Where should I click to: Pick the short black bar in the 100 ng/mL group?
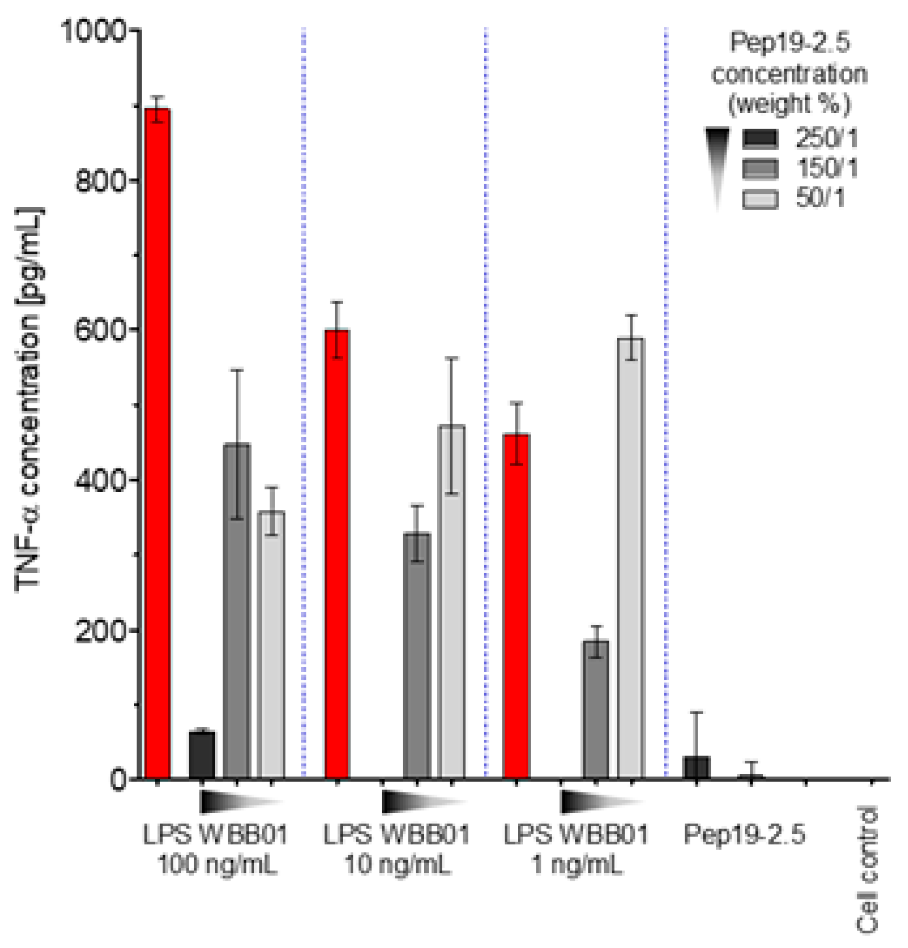click(x=202, y=755)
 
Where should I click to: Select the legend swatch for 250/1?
click(x=760, y=139)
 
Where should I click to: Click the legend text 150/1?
click(x=827, y=169)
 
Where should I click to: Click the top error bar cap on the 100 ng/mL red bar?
click(x=157, y=97)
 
